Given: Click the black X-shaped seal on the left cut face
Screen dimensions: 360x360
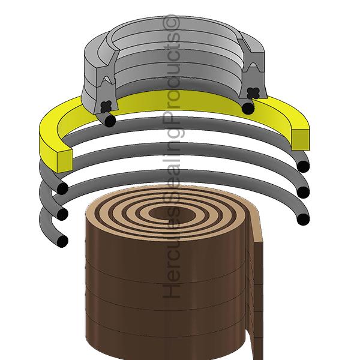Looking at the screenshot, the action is pyautogui.click(x=106, y=107).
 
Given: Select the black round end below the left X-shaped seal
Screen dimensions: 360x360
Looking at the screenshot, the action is pyautogui.click(x=110, y=121).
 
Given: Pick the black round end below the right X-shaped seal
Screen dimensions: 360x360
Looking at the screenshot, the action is pyautogui.click(x=248, y=108).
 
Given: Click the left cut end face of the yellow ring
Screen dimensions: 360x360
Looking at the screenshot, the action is pyautogui.click(x=65, y=160).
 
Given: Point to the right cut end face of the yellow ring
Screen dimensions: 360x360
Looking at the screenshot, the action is pyautogui.click(x=301, y=139).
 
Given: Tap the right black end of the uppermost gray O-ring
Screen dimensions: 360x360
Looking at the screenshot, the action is pyautogui.click(x=303, y=166).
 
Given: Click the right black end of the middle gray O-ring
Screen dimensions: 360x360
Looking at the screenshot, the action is pyautogui.click(x=303, y=192).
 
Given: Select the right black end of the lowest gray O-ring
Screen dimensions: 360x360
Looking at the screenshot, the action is pyautogui.click(x=303, y=219).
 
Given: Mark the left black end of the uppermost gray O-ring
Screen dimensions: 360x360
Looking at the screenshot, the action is pyautogui.click(x=62, y=189).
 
